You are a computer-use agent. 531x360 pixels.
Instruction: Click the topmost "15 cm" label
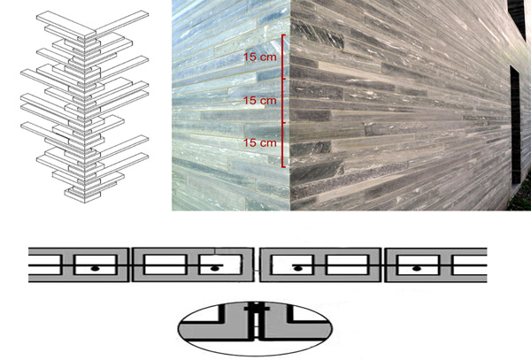point(260,57)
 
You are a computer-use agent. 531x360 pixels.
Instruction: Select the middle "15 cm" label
point(260,100)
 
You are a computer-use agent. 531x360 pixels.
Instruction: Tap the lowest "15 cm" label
point(260,142)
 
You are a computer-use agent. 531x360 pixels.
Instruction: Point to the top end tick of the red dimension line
point(284,34)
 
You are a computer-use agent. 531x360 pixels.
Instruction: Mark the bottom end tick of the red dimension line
point(284,166)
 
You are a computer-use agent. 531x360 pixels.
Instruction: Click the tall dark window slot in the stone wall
point(515,125)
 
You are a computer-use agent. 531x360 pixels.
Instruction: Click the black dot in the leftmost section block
point(96,269)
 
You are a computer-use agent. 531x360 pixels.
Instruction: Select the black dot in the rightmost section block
point(417,269)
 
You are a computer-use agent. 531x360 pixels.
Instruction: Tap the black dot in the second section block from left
point(214,269)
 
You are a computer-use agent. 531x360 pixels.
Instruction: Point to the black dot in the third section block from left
point(297,269)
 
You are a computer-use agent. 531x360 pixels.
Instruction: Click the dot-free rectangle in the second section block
point(165,264)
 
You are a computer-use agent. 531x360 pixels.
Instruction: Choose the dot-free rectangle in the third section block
point(347,264)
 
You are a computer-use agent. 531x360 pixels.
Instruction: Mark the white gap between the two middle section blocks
point(257,264)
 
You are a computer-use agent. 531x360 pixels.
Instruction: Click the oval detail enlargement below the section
point(255,328)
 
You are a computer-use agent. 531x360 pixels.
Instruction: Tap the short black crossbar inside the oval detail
point(257,309)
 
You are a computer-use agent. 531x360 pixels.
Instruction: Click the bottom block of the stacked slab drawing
point(83,195)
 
